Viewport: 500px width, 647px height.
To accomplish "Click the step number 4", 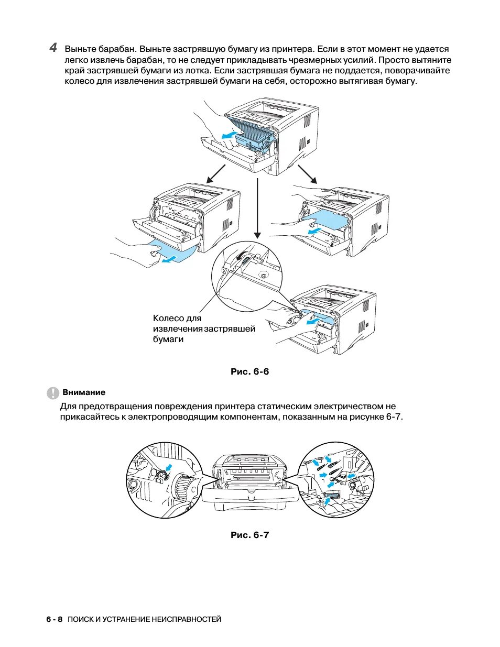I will [53, 48].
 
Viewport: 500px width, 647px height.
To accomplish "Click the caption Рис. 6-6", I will [249, 371].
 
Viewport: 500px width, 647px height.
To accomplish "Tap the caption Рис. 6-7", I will [249, 535].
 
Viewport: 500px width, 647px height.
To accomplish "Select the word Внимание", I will [84, 392].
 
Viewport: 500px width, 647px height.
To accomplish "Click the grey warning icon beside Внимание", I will [53, 393].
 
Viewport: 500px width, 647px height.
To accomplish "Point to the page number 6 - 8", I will [55, 619].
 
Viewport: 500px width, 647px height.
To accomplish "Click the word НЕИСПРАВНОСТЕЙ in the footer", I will [187, 619].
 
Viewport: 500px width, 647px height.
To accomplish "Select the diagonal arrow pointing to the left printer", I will [215, 173].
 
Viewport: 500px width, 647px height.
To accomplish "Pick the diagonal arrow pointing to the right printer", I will [308, 174].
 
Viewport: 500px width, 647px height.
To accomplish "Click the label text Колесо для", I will [177, 318].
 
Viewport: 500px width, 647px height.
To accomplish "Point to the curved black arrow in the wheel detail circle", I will [242, 255].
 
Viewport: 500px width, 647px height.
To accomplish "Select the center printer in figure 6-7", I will [249, 482].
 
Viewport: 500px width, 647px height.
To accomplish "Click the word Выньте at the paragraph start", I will [81, 49].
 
